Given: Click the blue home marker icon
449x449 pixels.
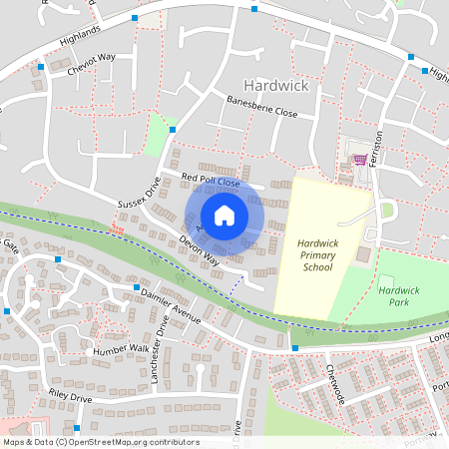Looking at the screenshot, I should tap(224, 216).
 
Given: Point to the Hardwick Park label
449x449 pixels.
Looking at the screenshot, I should tap(402, 294).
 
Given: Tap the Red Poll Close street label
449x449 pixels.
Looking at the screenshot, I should tap(211, 181).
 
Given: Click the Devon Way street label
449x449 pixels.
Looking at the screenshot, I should tap(200, 249).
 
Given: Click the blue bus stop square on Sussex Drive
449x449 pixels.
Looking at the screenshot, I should tap(173, 129).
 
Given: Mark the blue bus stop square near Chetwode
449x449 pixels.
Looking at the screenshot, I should tap(294, 347).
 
